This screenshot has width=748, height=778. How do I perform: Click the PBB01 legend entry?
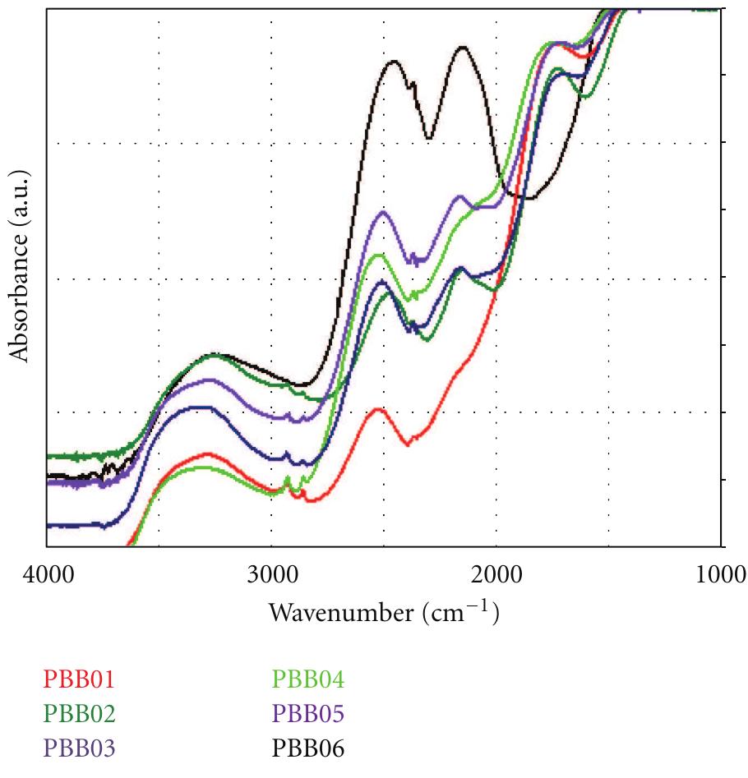(79, 680)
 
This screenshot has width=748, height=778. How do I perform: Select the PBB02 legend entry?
(79, 715)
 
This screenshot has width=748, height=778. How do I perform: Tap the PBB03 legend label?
(79, 749)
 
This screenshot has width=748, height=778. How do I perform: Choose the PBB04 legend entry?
(308, 680)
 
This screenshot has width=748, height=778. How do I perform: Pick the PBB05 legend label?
(308, 715)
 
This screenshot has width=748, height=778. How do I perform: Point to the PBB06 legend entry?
(308, 749)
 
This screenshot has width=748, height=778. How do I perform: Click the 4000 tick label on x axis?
(47, 574)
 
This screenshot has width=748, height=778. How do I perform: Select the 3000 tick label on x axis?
(271, 574)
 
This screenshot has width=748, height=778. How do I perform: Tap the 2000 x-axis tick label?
(496, 574)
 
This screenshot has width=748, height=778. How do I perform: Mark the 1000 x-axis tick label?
(720, 574)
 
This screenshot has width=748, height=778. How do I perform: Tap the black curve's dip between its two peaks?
(428, 138)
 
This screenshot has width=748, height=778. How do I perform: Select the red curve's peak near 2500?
(378, 408)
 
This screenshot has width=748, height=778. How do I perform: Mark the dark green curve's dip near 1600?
(584, 97)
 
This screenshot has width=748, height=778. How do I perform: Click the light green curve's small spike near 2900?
(287, 477)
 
